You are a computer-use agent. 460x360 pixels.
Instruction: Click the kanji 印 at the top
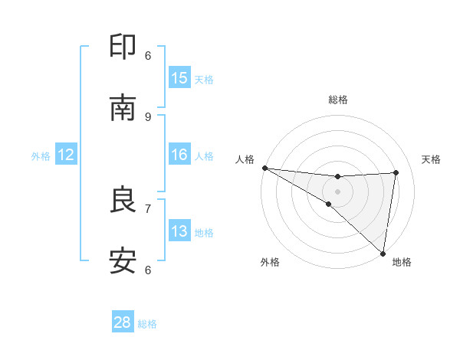123,47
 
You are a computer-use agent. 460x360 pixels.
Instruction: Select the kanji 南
123,108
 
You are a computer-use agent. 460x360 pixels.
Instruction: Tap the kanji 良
123,201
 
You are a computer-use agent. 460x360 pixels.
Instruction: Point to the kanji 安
123,261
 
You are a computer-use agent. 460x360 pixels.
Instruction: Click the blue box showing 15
179,78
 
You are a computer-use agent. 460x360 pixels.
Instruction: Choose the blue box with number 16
179,155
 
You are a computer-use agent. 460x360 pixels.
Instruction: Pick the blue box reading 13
179,231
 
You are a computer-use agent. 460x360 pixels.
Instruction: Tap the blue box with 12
66,155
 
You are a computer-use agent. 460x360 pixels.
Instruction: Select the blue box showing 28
123,322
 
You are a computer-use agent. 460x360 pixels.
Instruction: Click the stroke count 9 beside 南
148,116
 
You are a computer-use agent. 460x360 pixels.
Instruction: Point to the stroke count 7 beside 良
148,208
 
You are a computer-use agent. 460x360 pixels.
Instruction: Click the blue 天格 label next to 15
204,79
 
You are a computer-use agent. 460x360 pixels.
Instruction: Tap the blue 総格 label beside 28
147,323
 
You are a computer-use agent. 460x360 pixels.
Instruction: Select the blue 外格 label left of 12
41,155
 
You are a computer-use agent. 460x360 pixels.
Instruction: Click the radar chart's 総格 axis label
337,100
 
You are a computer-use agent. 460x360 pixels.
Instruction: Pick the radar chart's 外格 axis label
270,262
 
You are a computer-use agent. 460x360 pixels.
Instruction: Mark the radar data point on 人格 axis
264,168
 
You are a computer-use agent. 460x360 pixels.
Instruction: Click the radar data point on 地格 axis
383,253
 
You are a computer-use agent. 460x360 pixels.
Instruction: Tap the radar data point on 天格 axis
396,172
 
